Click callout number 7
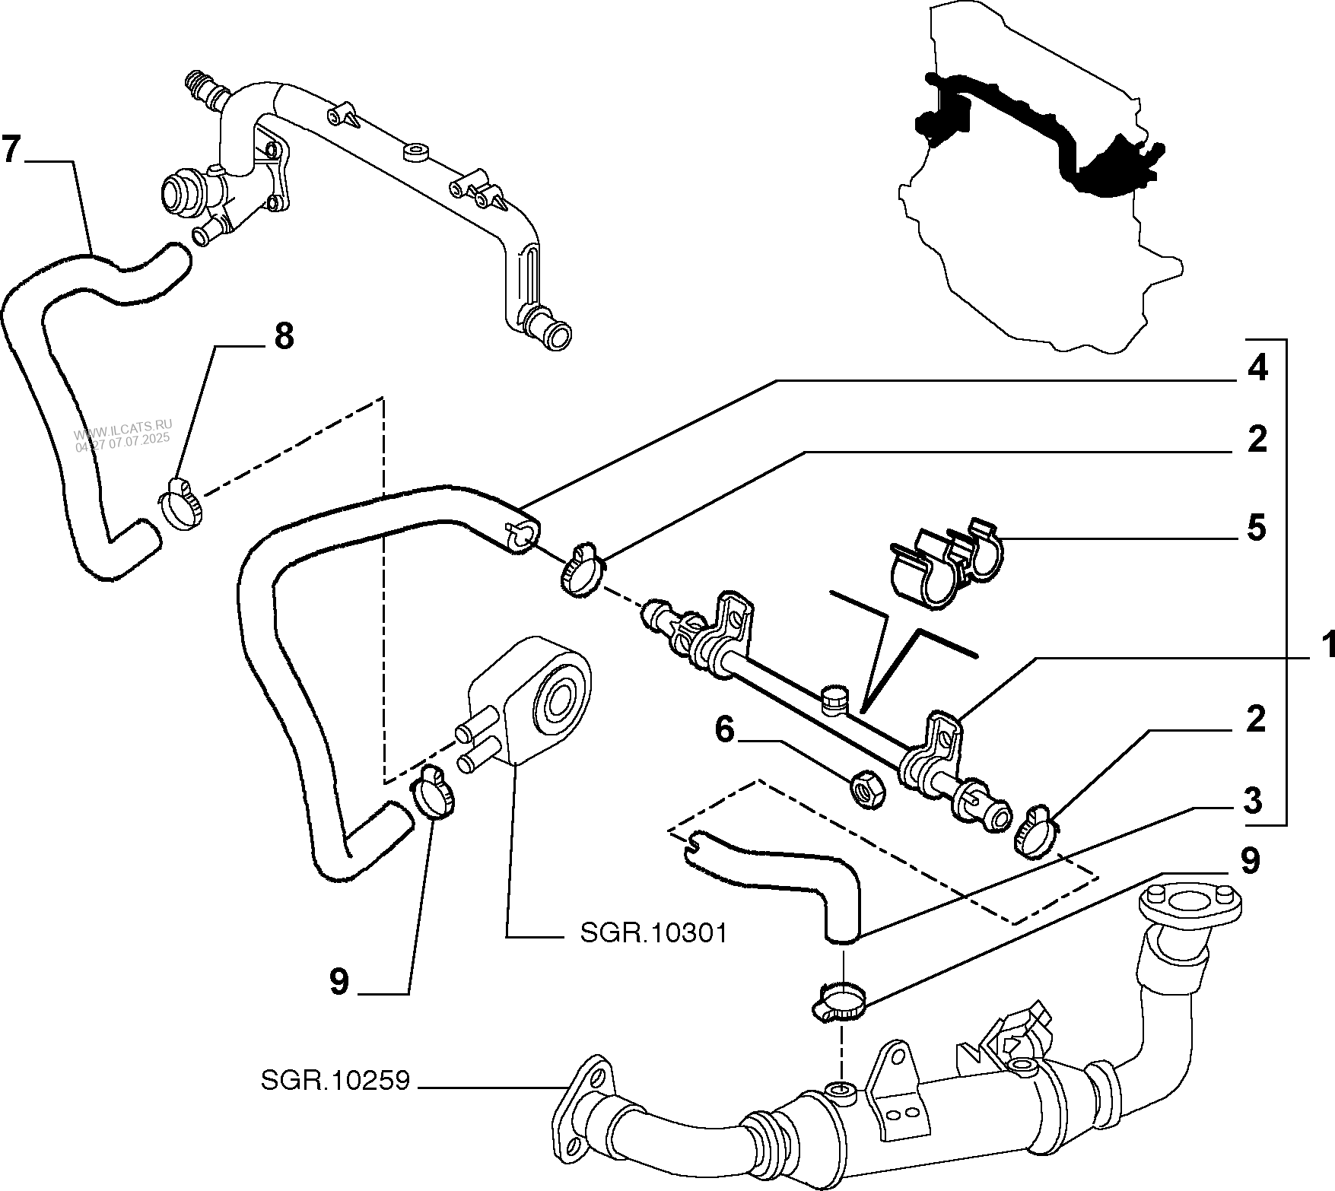tap(10, 149)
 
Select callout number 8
tap(283, 335)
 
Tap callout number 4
tap(1257, 369)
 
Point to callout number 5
tap(1257, 527)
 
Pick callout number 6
tap(724, 731)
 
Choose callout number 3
tap(1253, 801)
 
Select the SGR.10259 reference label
tap(335, 1081)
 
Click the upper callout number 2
tap(1257, 440)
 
